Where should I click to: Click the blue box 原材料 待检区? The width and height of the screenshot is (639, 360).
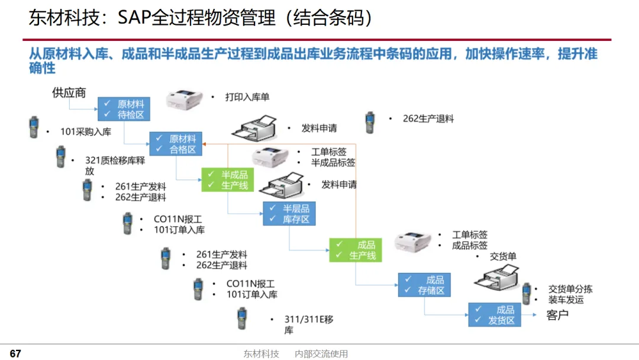pyautogui.click(x=124, y=109)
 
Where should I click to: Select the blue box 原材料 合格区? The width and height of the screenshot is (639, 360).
pyautogui.click(x=176, y=144)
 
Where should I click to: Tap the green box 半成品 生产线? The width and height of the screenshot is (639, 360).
pyautogui.click(x=227, y=180)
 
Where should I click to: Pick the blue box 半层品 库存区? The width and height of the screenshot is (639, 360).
pyautogui.click(x=289, y=214)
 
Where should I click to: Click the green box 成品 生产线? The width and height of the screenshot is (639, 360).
pyautogui.click(x=356, y=250)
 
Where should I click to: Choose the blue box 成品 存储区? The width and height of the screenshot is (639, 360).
pyautogui.click(x=424, y=285)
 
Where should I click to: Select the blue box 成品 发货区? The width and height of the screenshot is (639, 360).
pyautogui.click(x=494, y=315)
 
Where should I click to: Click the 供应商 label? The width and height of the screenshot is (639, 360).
pyautogui.click(x=69, y=92)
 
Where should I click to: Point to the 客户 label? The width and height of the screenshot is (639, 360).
pyautogui.click(x=557, y=315)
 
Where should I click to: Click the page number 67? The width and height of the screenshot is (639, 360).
pyautogui.click(x=15, y=353)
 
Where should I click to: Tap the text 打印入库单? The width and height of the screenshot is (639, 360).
pyautogui.click(x=247, y=97)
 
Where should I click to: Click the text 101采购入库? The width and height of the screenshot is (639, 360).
pyautogui.click(x=86, y=131)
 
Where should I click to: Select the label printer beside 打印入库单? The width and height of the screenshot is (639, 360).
pyautogui.click(x=184, y=99)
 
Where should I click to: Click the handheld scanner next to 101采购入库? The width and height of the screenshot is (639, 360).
pyautogui.click(x=34, y=127)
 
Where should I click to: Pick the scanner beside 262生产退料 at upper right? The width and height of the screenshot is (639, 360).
pyautogui.click(x=370, y=123)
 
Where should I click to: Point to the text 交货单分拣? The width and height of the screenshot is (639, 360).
pyautogui.click(x=570, y=289)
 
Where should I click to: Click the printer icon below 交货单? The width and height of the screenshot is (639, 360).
pyautogui.click(x=497, y=277)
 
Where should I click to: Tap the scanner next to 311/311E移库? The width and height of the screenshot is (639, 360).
pyautogui.click(x=242, y=319)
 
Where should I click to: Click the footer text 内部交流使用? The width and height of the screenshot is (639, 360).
pyautogui.click(x=321, y=354)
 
